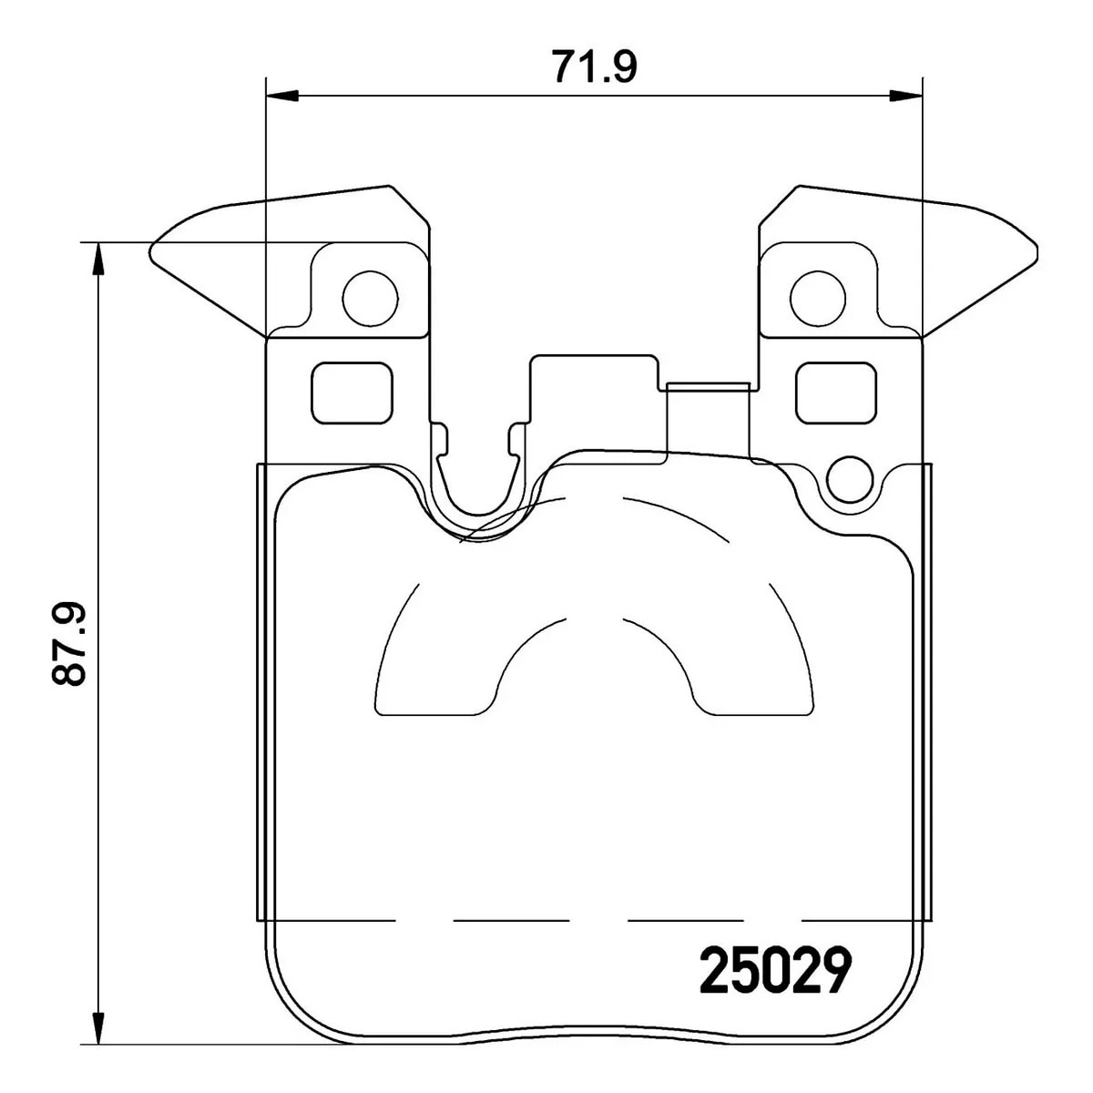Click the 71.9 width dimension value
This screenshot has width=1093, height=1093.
(x=595, y=66)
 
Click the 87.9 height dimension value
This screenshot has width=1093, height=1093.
(x=68, y=644)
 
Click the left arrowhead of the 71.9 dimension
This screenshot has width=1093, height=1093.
(x=281, y=96)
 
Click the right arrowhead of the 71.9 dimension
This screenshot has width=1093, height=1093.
(x=905, y=96)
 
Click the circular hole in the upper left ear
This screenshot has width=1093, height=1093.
(x=371, y=299)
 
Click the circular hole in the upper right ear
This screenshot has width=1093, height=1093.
(x=818, y=299)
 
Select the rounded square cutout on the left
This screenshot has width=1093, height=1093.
(x=352, y=393)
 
